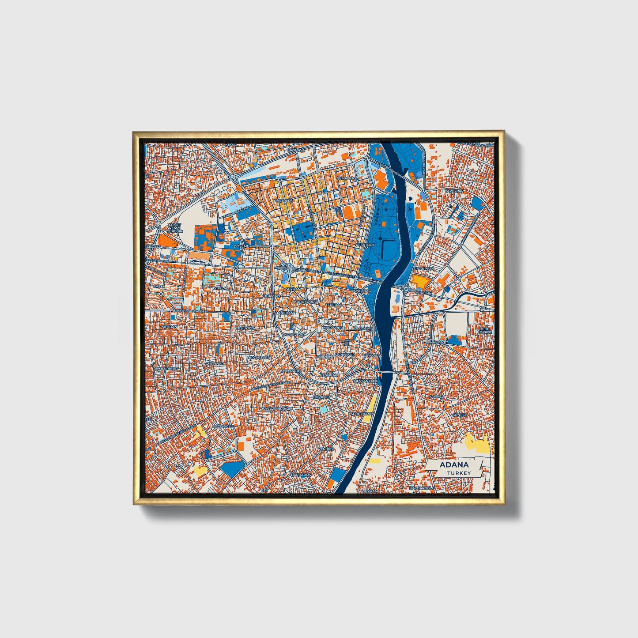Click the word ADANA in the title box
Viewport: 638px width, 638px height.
[454, 465]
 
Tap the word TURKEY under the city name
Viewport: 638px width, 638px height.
[459, 473]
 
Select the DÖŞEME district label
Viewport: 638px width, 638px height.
[242, 245]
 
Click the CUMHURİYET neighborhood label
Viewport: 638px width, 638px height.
[436, 342]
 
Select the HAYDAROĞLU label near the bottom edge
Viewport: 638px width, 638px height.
[422, 488]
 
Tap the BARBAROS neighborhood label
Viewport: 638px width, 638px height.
[301, 475]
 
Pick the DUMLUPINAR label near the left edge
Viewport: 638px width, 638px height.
[165, 368]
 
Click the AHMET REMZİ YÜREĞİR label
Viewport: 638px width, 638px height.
[174, 227]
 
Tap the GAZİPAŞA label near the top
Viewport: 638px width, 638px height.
[296, 150]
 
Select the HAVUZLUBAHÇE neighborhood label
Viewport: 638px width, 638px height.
[277, 409]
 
